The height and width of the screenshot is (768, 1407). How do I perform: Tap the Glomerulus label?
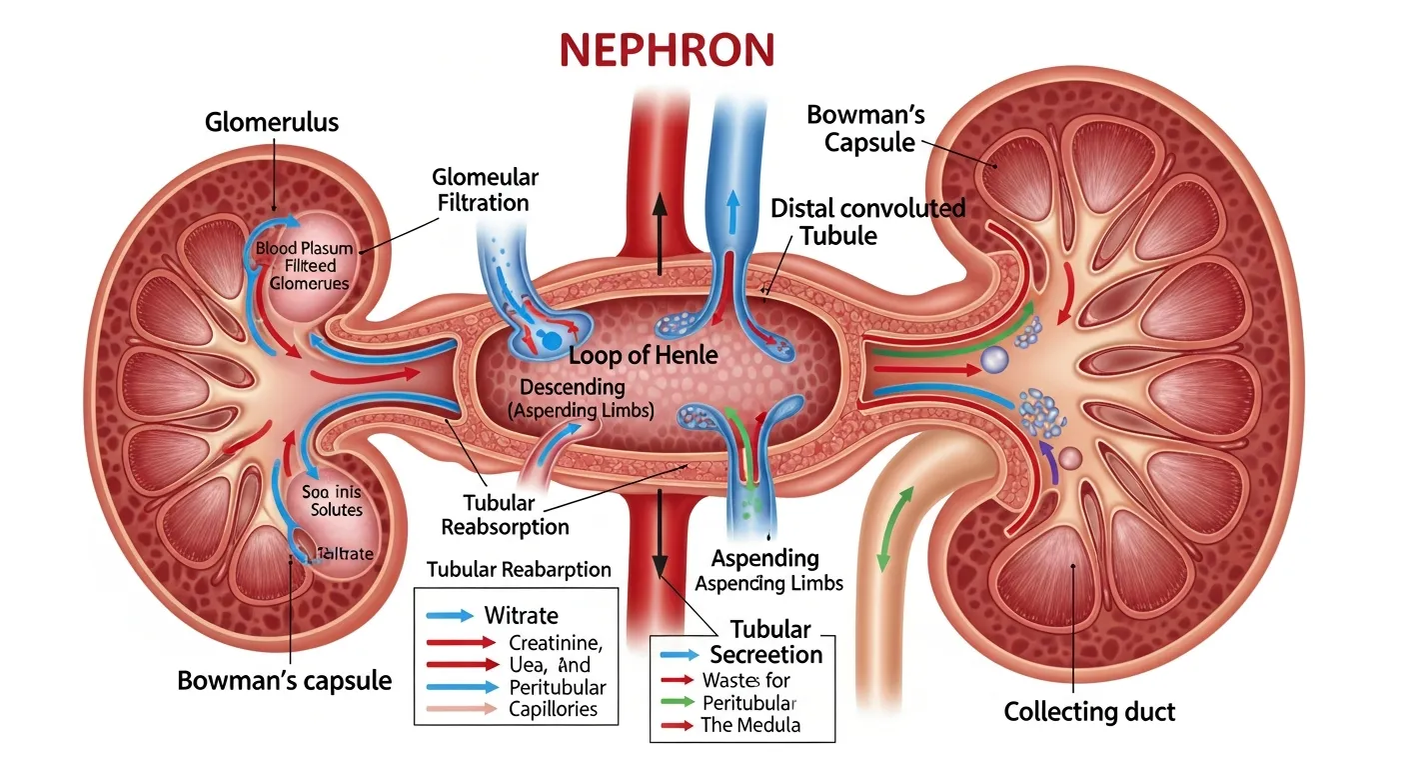coord(272,123)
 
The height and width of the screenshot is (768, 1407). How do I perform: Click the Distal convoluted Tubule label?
coord(867,221)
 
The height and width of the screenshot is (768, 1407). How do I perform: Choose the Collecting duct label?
coord(1089,712)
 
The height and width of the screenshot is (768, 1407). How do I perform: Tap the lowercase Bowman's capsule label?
coord(284,680)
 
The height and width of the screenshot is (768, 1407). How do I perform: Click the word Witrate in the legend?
coord(521,615)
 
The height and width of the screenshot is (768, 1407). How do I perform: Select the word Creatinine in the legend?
coord(555,642)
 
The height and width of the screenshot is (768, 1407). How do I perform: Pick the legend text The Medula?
coord(750,725)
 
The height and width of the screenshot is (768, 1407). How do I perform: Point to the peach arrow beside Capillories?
coord(461,709)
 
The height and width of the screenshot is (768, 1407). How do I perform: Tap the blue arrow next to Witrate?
coord(449,616)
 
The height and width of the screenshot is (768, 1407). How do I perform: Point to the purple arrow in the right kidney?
coord(1048,462)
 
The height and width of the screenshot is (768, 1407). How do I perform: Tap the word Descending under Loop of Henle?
coord(573,386)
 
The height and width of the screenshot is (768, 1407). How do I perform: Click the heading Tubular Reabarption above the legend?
coord(519,569)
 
